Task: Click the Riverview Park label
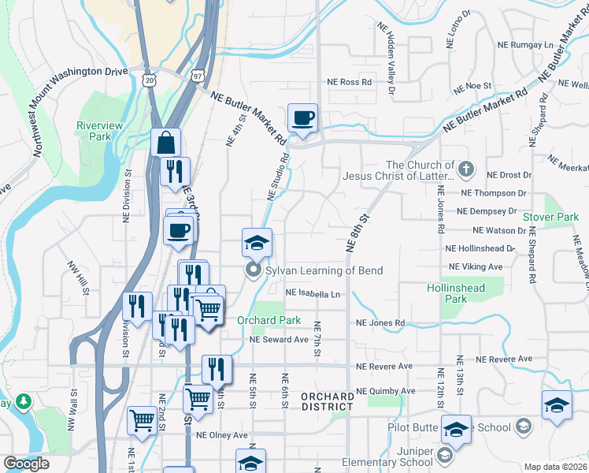(100, 130)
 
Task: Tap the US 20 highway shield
(150, 80)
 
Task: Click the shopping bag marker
(165, 143)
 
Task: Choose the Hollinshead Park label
(456, 293)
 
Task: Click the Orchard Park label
(269, 320)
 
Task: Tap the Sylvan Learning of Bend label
(324, 270)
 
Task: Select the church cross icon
(466, 169)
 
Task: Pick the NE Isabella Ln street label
(313, 293)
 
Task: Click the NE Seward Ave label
(279, 339)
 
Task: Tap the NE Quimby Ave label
(385, 391)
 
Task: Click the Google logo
(26, 463)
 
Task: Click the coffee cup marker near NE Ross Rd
(302, 119)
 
